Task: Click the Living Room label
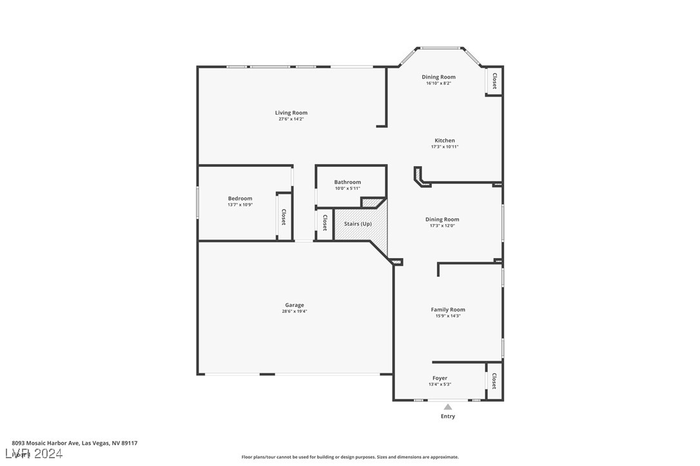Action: pyautogui.click(x=291, y=113)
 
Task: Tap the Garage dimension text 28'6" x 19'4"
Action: pyautogui.click(x=295, y=312)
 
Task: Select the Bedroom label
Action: pyautogui.click(x=240, y=198)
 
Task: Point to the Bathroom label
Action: pyautogui.click(x=347, y=182)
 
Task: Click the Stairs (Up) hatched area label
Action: pyautogui.click(x=358, y=224)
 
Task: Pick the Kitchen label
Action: pyautogui.click(x=444, y=140)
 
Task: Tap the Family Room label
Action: pyautogui.click(x=448, y=310)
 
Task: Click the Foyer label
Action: pyautogui.click(x=440, y=378)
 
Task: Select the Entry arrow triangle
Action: pyautogui.click(x=448, y=407)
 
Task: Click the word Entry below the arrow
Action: pyautogui.click(x=448, y=416)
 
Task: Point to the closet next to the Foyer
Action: pyautogui.click(x=494, y=382)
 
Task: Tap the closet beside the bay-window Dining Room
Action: pyautogui.click(x=494, y=81)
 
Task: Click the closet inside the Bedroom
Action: pyautogui.click(x=284, y=217)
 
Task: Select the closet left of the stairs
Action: pyautogui.click(x=324, y=223)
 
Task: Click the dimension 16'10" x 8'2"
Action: pyautogui.click(x=438, y=83)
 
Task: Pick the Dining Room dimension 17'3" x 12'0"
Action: pyautogui.click(x=444, y=226)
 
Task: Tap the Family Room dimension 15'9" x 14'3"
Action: pyautogui.click(x=448, y=316)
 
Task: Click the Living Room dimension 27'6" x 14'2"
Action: pyautogui.click(x=291, y=119)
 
